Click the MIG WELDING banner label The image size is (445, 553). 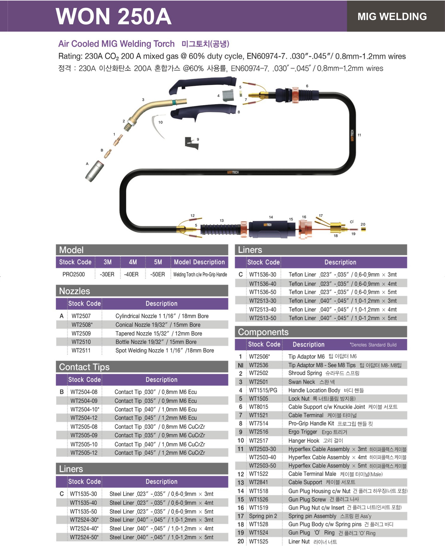click(392, 16)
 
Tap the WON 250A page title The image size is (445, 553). click(113, 16)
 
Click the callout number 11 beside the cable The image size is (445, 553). click(359, 135)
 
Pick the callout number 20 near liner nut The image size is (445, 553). click(363, 224)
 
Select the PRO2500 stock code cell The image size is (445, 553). click(74, 274)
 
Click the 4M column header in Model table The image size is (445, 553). click(133, 262)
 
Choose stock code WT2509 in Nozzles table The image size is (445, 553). click(81, 333)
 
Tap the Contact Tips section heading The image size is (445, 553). click(84, 367)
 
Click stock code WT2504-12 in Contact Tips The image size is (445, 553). click(84, 418)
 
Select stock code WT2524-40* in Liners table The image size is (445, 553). click(84, 528)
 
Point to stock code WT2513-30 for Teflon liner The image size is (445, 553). click(263, 301)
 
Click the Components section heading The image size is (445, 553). click(263, 332)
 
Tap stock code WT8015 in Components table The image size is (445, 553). click(258, 407)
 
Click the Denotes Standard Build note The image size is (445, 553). click(373, 345)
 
